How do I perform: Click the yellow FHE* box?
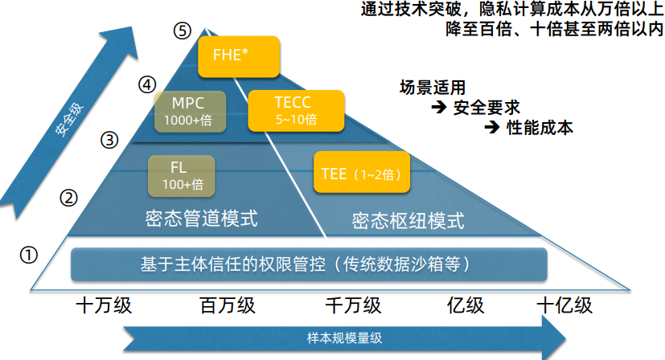pos(238,56)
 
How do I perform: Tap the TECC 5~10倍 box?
pos(296,111)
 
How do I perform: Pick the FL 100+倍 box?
pos(182,176)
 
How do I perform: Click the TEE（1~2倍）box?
pos(360,174)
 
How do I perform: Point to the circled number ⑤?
pos(182,31)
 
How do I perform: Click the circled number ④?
pos(146,84)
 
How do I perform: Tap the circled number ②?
pos(69,197)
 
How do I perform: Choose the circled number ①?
pos(29,256)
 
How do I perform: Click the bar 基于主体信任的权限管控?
pos(310,264)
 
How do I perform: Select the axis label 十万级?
pos(103,306)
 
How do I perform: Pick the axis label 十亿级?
pos(564,306)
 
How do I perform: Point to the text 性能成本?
pos(539,128)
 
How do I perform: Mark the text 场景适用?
pos(432,87)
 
